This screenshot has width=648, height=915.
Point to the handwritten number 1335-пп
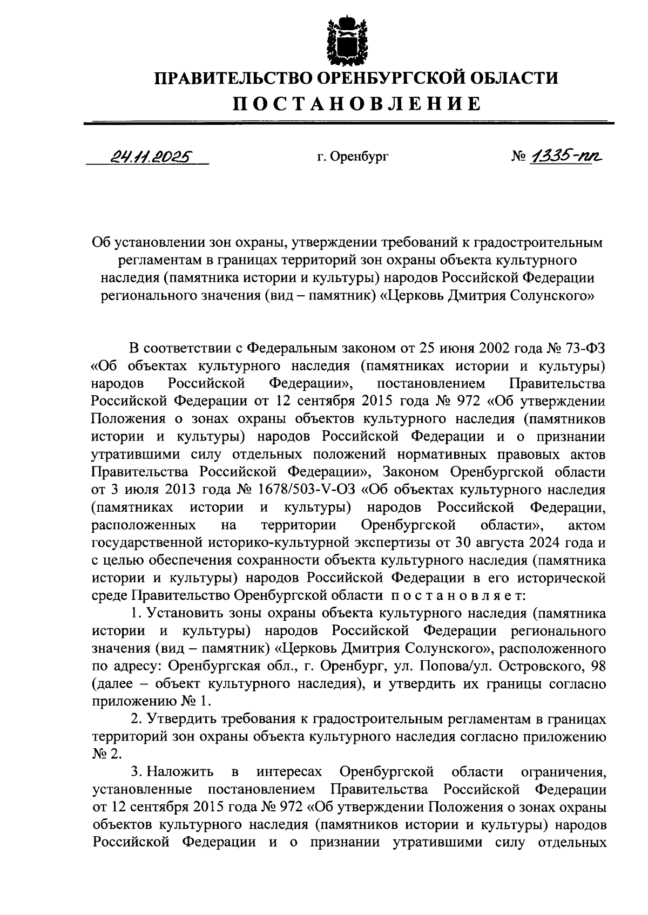(x=566, y=157)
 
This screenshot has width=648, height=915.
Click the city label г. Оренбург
(x=353, y=157)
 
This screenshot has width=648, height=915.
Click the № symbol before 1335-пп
(x=518, y=158)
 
